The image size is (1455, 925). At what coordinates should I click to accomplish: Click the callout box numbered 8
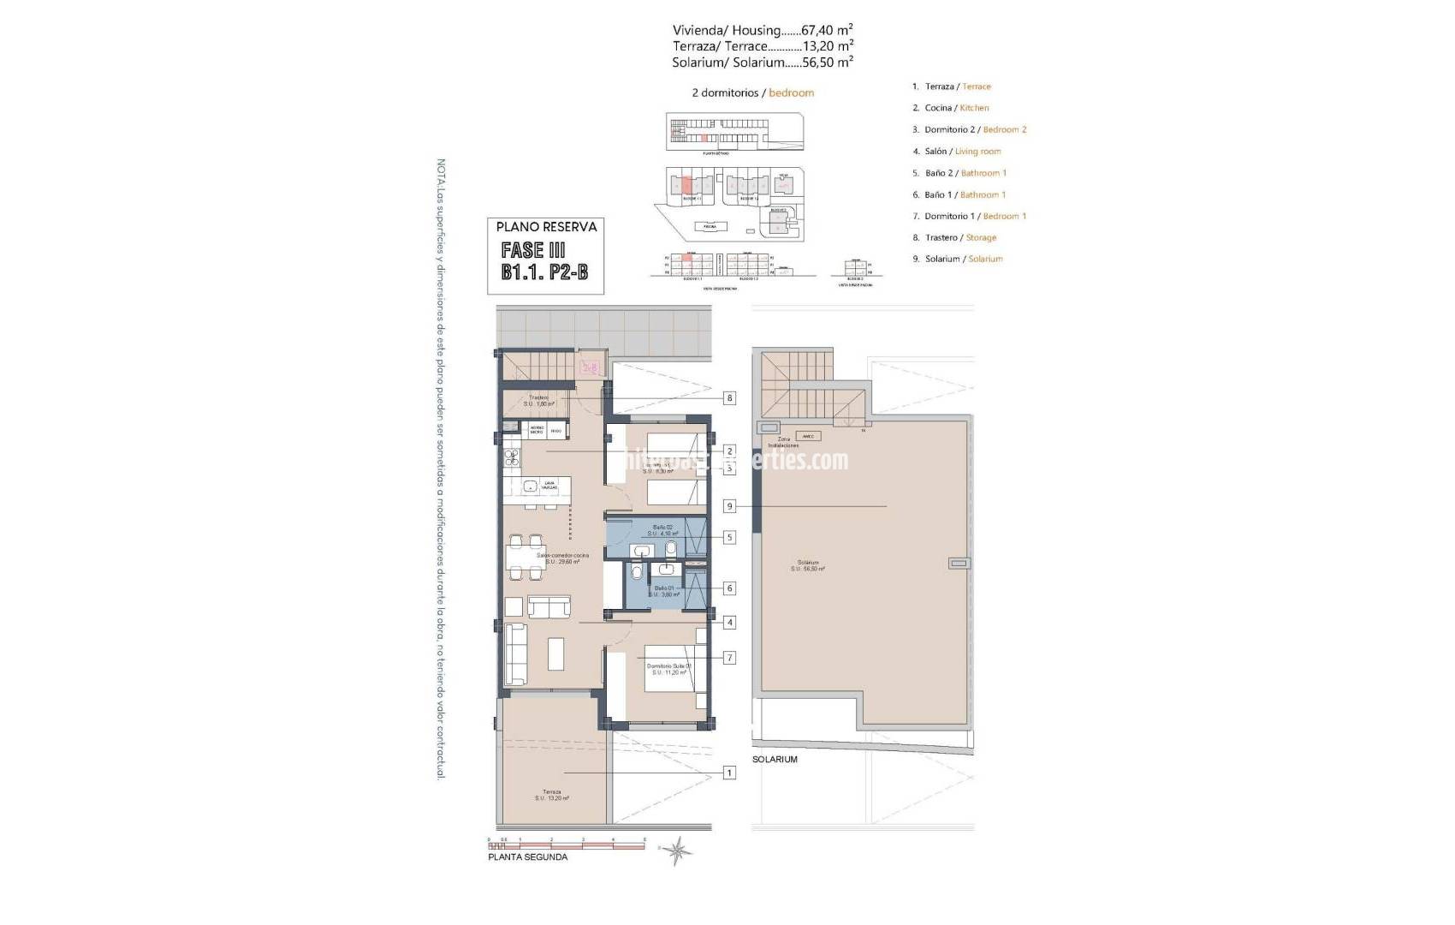pos(729,397)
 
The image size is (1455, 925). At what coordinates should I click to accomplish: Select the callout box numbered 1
pos(729,773)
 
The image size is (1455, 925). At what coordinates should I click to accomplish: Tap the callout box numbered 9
pos(729,506)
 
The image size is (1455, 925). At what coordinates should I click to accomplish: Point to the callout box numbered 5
pos(729,538)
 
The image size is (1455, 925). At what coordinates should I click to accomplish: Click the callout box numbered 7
pos(729,658)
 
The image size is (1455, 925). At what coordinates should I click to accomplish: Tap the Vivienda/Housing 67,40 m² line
pos(762,30)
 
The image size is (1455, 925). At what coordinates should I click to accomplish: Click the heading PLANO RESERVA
pos(546,227)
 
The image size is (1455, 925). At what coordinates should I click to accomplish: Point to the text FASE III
pos(533,251)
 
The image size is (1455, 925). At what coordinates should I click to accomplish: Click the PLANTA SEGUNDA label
pos(527,856)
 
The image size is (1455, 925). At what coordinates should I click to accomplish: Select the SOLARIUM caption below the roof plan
pos(775,759)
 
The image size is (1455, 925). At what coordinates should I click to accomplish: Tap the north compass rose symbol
pos(678,850)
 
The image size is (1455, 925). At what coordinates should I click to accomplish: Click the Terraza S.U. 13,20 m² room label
pos(552,795)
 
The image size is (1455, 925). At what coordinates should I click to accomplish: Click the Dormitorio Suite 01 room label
pos(669,669)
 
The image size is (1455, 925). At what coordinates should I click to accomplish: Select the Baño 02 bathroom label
pos(663,530)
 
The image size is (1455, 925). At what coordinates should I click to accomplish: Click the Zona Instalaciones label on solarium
pos(783,442)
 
